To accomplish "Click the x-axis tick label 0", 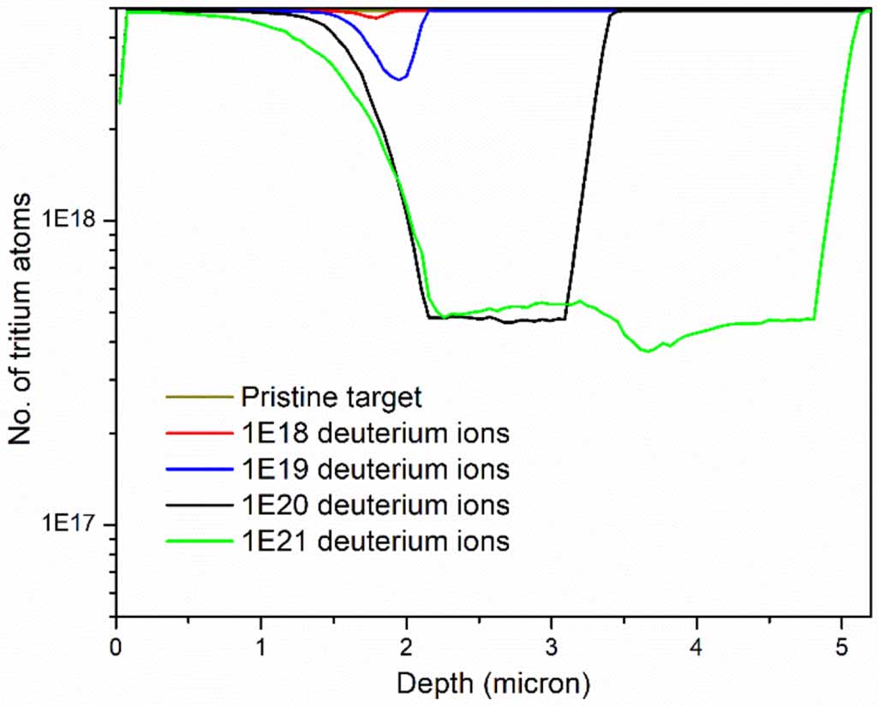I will click(x=116, y=643).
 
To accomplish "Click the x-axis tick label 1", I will click(x=261, y=643).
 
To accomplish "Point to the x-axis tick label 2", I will click(x=407, y=643).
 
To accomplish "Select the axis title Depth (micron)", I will click(x=493, y=684).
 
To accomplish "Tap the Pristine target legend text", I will click(x=331, y=397).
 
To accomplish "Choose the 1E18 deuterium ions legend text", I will click(x=375, y=434).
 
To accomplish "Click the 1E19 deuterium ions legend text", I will click(x=375, y=470).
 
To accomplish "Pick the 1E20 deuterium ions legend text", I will click(x=375, y=506).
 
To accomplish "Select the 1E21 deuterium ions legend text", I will click(x=375, y=541).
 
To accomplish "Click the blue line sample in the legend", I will click(x=199, y=470).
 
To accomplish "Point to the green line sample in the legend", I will click(x=199, y=541).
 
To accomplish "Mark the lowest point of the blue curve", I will click(x=398, y=79).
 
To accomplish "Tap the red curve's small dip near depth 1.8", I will click(x=375, y=17).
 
